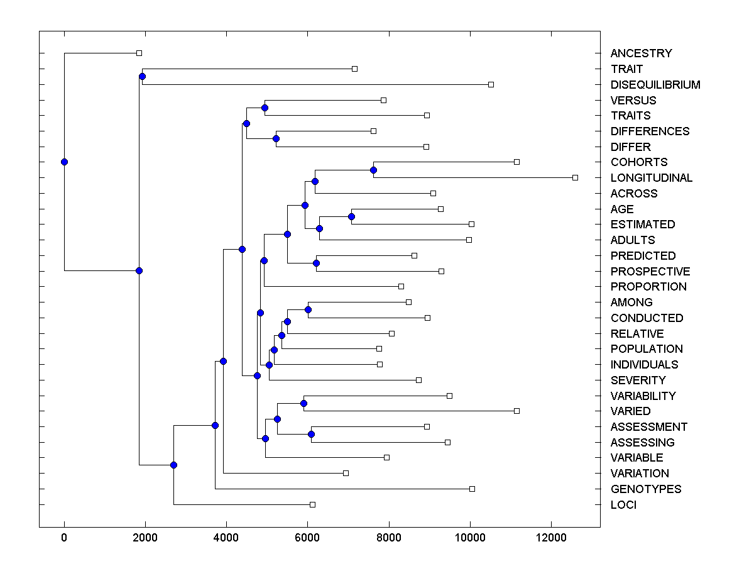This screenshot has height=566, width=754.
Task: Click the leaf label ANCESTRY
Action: [641, 53]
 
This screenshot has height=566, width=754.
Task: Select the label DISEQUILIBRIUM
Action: [655, 84]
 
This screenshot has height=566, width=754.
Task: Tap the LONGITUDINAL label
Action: [652, 178]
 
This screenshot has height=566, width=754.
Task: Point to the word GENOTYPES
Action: [646, 489]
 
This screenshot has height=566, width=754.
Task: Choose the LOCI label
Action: [623, 505]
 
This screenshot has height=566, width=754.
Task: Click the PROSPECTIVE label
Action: [650, 272]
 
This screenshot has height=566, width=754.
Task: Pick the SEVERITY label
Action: [638, 380]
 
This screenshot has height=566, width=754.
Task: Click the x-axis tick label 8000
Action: [389, 537]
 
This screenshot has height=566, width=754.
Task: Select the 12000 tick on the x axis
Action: [551, 537]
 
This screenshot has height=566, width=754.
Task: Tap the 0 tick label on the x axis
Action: [64, 537]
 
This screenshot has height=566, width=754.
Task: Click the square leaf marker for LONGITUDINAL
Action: [575, 178]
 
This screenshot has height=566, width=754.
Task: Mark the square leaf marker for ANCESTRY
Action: [139, 53]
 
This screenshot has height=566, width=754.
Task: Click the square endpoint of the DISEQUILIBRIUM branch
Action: [491, 84]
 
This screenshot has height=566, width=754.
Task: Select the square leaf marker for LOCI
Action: [312, 504]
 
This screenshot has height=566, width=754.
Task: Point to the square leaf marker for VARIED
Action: [516, 411]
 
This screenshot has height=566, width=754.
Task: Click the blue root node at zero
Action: [64, 162]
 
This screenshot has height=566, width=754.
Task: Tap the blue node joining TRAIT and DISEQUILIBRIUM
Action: [142, 77]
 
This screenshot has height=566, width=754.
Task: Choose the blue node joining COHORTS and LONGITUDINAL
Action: [373, 170]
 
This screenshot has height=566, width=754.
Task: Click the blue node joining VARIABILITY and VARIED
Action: [303, 403]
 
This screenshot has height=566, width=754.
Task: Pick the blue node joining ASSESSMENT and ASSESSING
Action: [311, 434]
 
